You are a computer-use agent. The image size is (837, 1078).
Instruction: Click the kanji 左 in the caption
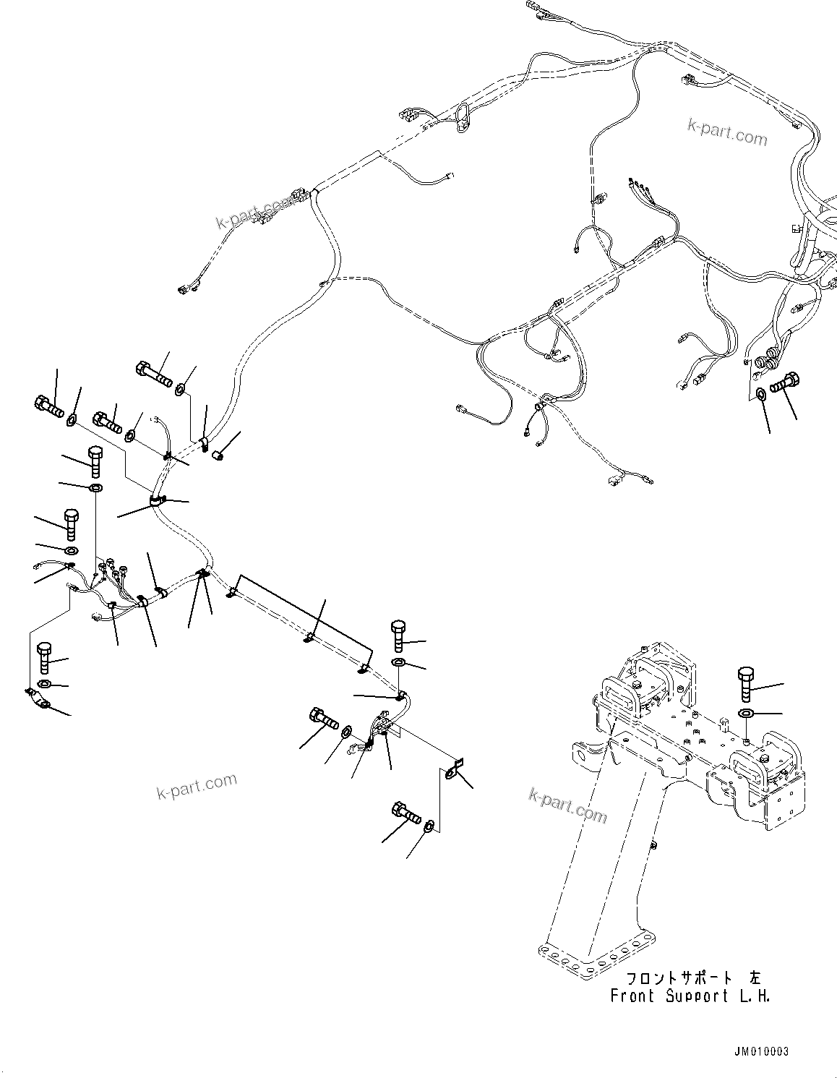[x=755, y=979]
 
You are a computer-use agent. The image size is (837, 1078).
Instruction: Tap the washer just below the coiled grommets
[x=761, y=394]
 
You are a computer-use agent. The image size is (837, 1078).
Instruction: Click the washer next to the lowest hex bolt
[x=429, y=825]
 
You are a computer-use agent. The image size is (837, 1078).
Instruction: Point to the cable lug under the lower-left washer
[x=39, y=699]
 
